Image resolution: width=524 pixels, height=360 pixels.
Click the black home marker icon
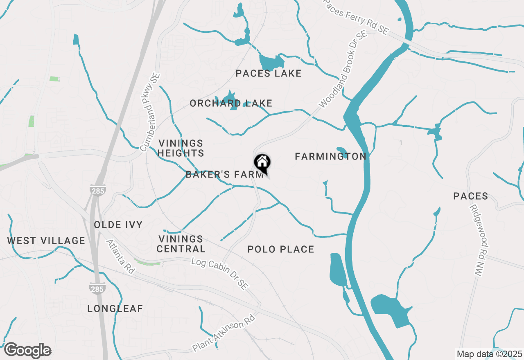click(262, 163)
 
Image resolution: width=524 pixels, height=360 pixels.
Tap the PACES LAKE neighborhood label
click(269, 74)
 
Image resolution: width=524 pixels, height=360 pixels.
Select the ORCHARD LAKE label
click(231, 103)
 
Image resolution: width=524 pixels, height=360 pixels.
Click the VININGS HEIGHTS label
click(181, 148)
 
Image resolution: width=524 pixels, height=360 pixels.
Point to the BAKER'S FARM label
click(224, 175)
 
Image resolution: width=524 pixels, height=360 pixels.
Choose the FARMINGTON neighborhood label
click(330, 156)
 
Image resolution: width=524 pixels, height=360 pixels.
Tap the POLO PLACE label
click(281, 249)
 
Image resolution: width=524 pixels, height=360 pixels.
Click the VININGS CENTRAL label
click(181, 244)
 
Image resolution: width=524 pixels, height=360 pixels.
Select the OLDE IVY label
click(118, 225)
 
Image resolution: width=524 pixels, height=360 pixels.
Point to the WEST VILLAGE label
click(46, 241)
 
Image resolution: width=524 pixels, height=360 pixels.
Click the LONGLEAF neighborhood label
click(115, 309)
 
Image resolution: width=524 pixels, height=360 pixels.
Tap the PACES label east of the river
click(471, 196)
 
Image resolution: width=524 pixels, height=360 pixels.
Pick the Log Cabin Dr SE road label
click(220, 274)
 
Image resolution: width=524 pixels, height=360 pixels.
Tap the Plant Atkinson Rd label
click(224, 333)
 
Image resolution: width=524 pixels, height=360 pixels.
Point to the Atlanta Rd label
click(120, 256)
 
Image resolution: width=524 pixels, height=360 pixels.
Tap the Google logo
click(27, 351)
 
